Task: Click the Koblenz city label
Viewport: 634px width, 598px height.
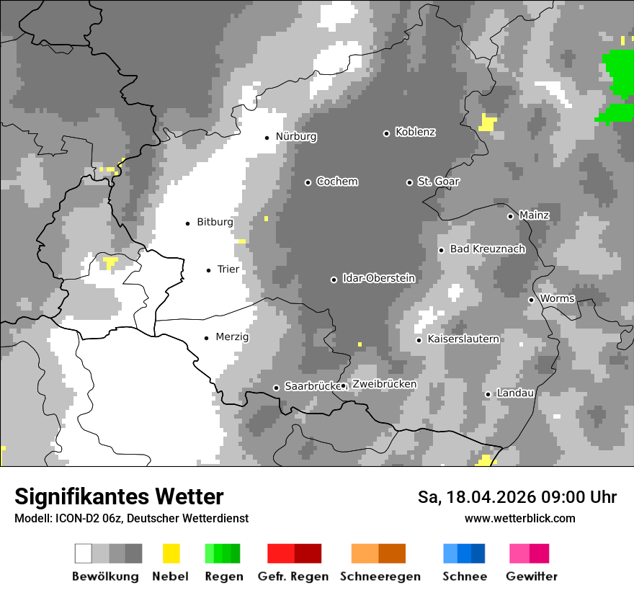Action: point(415,133)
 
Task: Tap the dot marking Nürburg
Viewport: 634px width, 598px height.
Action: point(267,138)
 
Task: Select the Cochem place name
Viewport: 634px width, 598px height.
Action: point(336,182)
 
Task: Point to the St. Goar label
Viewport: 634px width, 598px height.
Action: point(438,182)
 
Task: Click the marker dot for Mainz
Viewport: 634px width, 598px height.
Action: point(510,216)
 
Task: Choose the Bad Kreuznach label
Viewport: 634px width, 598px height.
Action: point(487,249)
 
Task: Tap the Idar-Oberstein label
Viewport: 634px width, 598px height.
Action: point(378,279)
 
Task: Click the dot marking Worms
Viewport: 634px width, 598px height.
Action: point(532,300)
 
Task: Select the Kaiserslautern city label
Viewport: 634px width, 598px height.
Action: point(463,339)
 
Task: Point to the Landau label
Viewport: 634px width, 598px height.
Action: point(515,393)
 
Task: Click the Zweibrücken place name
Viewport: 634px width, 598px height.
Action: point(384,385)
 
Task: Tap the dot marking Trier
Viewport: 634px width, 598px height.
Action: point(209,270)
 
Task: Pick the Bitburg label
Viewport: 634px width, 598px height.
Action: point(215,223)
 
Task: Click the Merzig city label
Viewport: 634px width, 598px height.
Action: point(232,337)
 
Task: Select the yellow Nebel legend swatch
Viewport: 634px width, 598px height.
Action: point(171,553)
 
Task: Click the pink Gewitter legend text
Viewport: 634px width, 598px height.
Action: point(531,576)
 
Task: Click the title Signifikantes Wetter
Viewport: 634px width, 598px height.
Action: point(119,496)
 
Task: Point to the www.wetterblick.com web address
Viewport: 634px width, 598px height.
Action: point(519,518)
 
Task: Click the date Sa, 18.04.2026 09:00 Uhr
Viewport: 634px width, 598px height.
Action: point(517,497)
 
